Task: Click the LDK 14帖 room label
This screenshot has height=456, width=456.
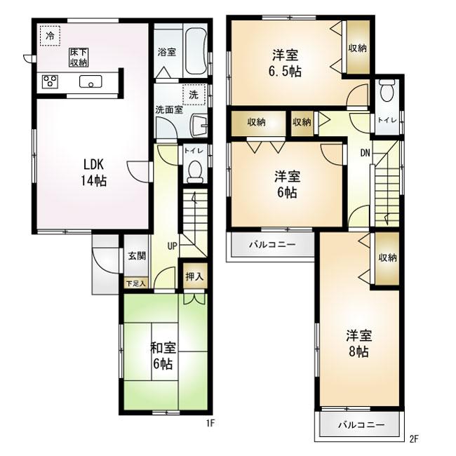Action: click(93, 173)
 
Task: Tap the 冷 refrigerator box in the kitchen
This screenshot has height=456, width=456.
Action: click(50, 36)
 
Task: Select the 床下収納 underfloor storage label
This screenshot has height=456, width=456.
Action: click(79, 58)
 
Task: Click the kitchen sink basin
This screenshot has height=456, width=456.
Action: click(90, 81)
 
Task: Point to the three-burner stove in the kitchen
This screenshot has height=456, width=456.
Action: click(50, 81)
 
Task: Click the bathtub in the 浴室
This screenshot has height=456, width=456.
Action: click(196, 51)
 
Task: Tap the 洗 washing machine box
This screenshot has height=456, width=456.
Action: click(194, 95)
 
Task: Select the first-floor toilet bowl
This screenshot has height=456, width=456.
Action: click(195, 172)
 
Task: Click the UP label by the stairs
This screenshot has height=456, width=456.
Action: click(172, 246)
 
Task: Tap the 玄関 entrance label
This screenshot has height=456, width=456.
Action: click(137, 256)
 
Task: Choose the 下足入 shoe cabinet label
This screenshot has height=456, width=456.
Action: click(136, 283)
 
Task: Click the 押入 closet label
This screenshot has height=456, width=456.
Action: click(194, 276)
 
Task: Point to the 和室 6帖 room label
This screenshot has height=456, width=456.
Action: click(163, 356)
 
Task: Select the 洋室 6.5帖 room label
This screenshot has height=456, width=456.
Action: click(285, 63)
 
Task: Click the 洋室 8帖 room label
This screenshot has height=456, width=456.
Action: click(359, 344)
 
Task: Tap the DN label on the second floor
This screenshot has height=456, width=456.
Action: click(366, 153)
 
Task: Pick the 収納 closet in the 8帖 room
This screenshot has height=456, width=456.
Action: click(387, 258)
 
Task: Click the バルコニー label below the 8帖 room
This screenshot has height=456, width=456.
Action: click(361, 425)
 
